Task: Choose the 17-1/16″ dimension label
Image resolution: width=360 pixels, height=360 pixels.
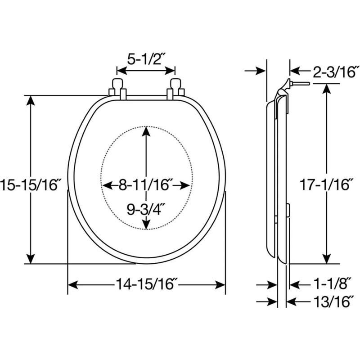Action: point(324,184)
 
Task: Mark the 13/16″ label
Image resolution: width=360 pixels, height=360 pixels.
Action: point(332,301)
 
